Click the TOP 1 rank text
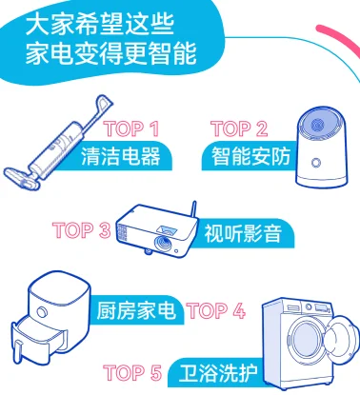pyautogui.click(x=133, y=128)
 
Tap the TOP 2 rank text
pyautogui.click(x=239, y=128)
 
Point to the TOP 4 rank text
pyautogui.click(x=216, y=309)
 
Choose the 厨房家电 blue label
pyautogui.click(x=136, y=310)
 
